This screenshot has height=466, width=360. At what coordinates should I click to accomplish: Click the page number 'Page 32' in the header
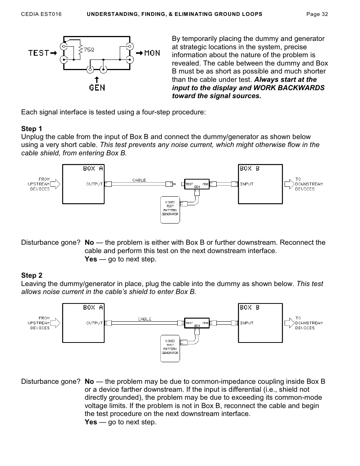(x=317, y=14)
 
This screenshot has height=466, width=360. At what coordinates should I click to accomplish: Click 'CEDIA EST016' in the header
(x=41, y=14)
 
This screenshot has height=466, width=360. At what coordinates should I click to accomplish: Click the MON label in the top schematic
(x=152, y=53)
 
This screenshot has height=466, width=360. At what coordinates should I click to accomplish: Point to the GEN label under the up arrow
(x=97, y=88)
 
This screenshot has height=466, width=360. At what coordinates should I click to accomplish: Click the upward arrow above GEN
(x=97, y=79)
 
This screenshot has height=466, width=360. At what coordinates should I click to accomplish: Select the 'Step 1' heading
(x=32, y=128)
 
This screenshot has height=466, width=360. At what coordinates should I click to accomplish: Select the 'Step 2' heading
(x=32, y=275)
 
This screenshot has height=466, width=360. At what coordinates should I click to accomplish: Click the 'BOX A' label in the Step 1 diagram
(x=93, y=169)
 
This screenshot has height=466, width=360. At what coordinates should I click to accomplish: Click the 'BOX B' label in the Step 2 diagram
(x=249, y=308)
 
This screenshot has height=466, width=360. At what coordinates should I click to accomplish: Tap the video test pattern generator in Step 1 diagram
(x=170, y=210)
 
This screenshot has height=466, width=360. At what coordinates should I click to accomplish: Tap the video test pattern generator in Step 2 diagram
(x=170, y=348)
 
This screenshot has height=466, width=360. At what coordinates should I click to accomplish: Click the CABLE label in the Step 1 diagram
(x=139, y=180)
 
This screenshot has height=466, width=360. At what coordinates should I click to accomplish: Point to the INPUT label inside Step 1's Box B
(x=247, y=184)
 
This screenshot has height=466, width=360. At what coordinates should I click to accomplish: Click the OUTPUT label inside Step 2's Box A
(x=95, y=323)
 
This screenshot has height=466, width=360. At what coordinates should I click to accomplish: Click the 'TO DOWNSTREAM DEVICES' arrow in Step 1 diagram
(x=290, y=184)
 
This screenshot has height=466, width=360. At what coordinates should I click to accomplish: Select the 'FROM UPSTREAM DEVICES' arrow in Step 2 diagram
(x=55, y=323)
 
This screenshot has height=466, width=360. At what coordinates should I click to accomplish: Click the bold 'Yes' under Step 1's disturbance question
(x=91, y=259)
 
